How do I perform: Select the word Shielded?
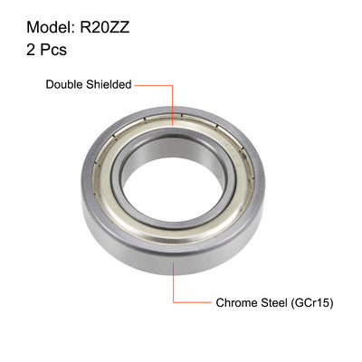tap(109, 84)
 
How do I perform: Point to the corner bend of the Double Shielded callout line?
tap(171, 85)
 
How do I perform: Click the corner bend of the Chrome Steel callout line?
tap(171, 303)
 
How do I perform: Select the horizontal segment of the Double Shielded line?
tap(154, 85)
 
